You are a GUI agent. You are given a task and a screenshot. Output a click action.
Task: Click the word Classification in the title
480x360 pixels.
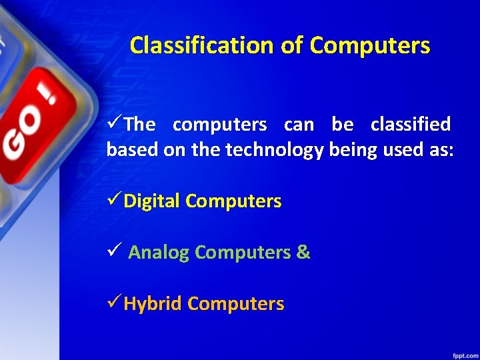[201, 45]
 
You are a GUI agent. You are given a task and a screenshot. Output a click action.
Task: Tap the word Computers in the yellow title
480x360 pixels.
[370, 45]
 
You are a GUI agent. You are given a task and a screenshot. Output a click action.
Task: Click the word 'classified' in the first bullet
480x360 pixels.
[411, 125]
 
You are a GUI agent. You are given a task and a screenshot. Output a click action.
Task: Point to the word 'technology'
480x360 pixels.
[275, 150]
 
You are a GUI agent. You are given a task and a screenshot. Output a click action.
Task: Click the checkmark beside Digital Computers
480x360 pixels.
[114, 200]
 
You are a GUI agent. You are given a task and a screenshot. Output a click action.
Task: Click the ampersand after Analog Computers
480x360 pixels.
[303, 252]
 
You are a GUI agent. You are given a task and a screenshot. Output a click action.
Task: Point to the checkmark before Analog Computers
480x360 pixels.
[114, 251]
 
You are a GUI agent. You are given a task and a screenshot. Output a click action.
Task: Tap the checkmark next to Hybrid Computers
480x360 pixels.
[114, 303]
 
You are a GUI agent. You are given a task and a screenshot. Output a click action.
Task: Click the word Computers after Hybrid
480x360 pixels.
[236, 304]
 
